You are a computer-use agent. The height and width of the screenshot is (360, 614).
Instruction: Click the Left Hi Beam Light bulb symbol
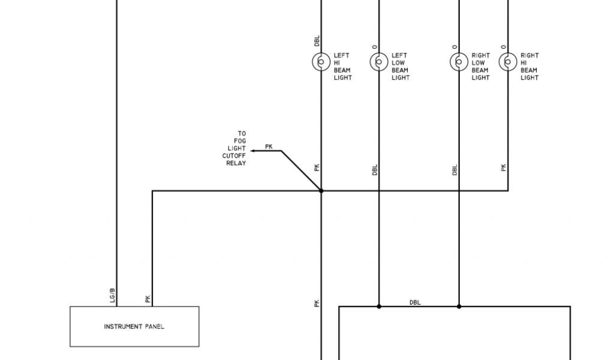point(321,62)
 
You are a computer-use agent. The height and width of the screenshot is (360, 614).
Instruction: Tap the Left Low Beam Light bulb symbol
point(378,62)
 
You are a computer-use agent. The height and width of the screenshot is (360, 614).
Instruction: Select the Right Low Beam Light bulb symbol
point(459,62)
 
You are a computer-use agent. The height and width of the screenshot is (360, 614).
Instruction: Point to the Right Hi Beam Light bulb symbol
point(508,62)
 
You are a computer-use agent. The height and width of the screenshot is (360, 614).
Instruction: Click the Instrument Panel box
point(134,326)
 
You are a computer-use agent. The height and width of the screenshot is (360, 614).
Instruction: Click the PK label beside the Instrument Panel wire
point(148,298)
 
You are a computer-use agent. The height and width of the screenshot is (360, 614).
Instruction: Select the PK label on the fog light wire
point(269,146)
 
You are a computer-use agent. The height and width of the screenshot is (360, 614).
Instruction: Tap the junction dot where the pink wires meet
point(321,191)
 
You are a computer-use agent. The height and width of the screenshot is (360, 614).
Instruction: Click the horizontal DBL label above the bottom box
point(415,302)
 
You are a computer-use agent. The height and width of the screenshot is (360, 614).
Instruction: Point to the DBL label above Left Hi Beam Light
point(317,41)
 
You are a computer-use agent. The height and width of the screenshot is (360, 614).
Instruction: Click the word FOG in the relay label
point(240,141)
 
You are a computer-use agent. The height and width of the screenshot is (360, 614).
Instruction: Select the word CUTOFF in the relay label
point(234,155)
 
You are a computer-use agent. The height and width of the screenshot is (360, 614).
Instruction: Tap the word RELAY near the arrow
point(236,163)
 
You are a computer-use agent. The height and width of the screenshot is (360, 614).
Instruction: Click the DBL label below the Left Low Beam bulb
point(375,170)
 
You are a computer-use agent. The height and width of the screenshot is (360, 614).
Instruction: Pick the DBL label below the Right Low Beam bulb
point(455,170)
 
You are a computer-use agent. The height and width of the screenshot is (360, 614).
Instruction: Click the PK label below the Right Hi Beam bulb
point(504,167)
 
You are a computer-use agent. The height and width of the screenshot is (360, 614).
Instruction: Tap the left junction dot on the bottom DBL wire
point(378,306)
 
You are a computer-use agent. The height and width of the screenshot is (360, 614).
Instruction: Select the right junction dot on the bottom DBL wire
point(459,306)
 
